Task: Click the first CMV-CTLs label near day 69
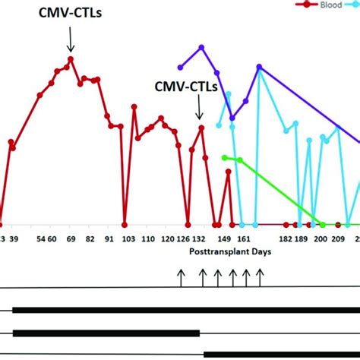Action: pyautogui.click(x=70, y=12)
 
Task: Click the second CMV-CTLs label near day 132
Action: pyautogui.click(x=186, y=87)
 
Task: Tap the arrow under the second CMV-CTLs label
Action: pyautogui.click(x=200, y=110)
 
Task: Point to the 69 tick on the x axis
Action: pyautogui.click(x=70, y=238)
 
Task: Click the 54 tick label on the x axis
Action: pyautogui.click(x=40, y=238)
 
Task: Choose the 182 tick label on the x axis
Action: pyautogui.click(x=286, y=238)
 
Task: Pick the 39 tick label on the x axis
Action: pyautogui.click(x=14, y=238)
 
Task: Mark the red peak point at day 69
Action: pyautogui.click(x=71, y=58)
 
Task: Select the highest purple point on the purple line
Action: pyautogui.click(x=202, y=47)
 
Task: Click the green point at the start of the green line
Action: pyautogui.click(x=224, y=157)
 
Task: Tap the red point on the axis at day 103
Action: pyautogui.click(x=125, y=225)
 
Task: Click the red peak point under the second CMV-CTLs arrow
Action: pyautogui.click(x=201, y=128)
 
